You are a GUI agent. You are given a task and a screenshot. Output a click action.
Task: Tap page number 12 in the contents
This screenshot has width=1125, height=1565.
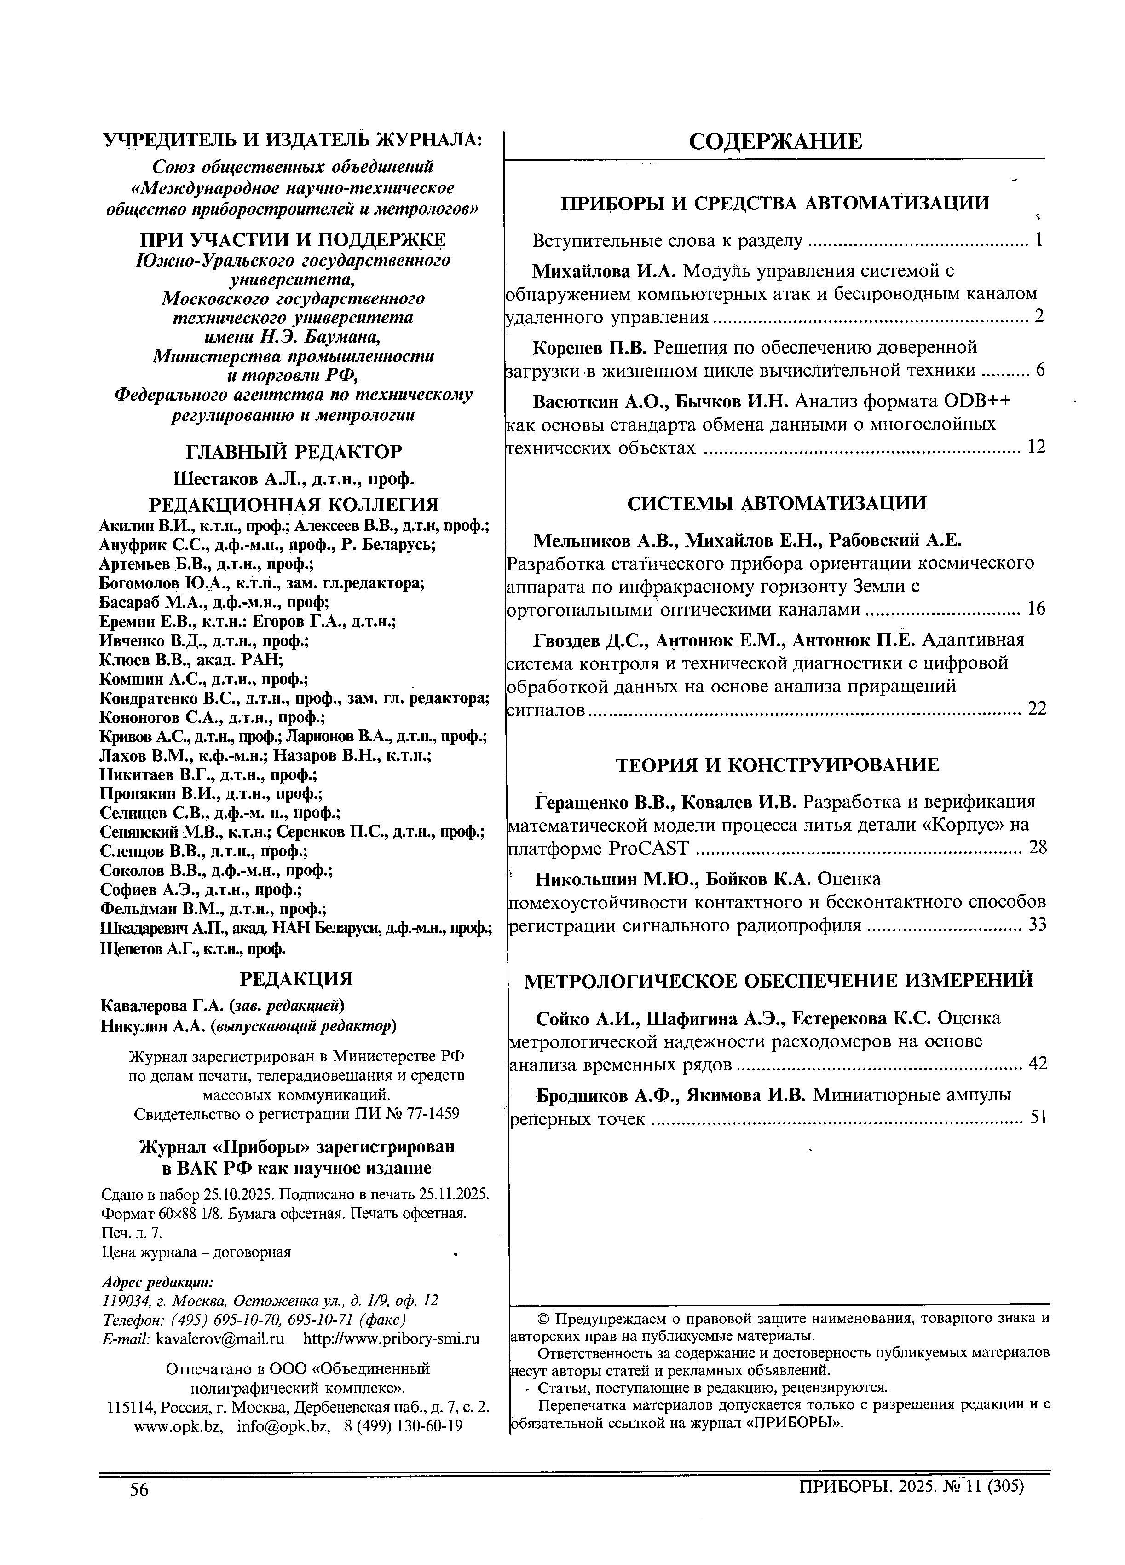tap(1036, 447)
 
